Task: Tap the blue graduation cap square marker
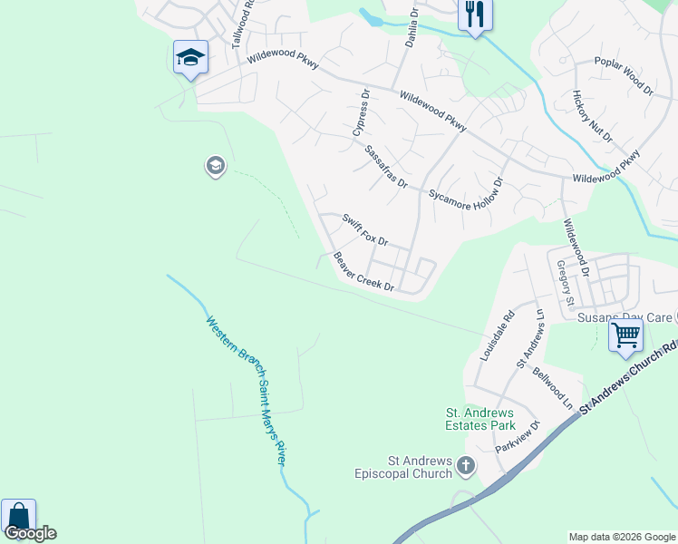coord(190,59)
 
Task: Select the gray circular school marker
coord(215,167)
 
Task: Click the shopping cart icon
coord(625,335)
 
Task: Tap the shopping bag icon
coord(17,517)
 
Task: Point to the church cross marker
coord(466,467)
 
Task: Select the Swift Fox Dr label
coord(364,230)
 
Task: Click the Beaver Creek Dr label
coord(363,272)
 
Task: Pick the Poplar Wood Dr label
coord(624,77)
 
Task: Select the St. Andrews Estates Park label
coord(480,418)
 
